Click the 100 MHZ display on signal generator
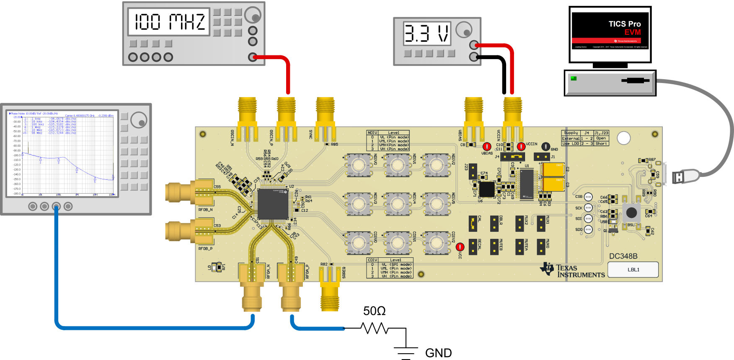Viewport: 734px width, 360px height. coord(169,21)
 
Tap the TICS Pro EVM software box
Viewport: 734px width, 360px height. coord(610,35)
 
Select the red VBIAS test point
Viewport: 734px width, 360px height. coord(487,147)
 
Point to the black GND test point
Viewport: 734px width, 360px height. coord(545,146)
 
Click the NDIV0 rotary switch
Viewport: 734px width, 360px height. coord(359,165)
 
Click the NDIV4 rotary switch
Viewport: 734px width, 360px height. coord(397,204)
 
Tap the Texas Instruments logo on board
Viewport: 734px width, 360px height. coord(572,270)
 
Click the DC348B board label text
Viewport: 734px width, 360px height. coord(623,256)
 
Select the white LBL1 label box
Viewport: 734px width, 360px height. coord(633,269)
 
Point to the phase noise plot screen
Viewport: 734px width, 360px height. coord(62,153)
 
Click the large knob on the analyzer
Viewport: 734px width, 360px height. coord(139,120)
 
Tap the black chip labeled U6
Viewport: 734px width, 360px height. coord(486,189)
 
